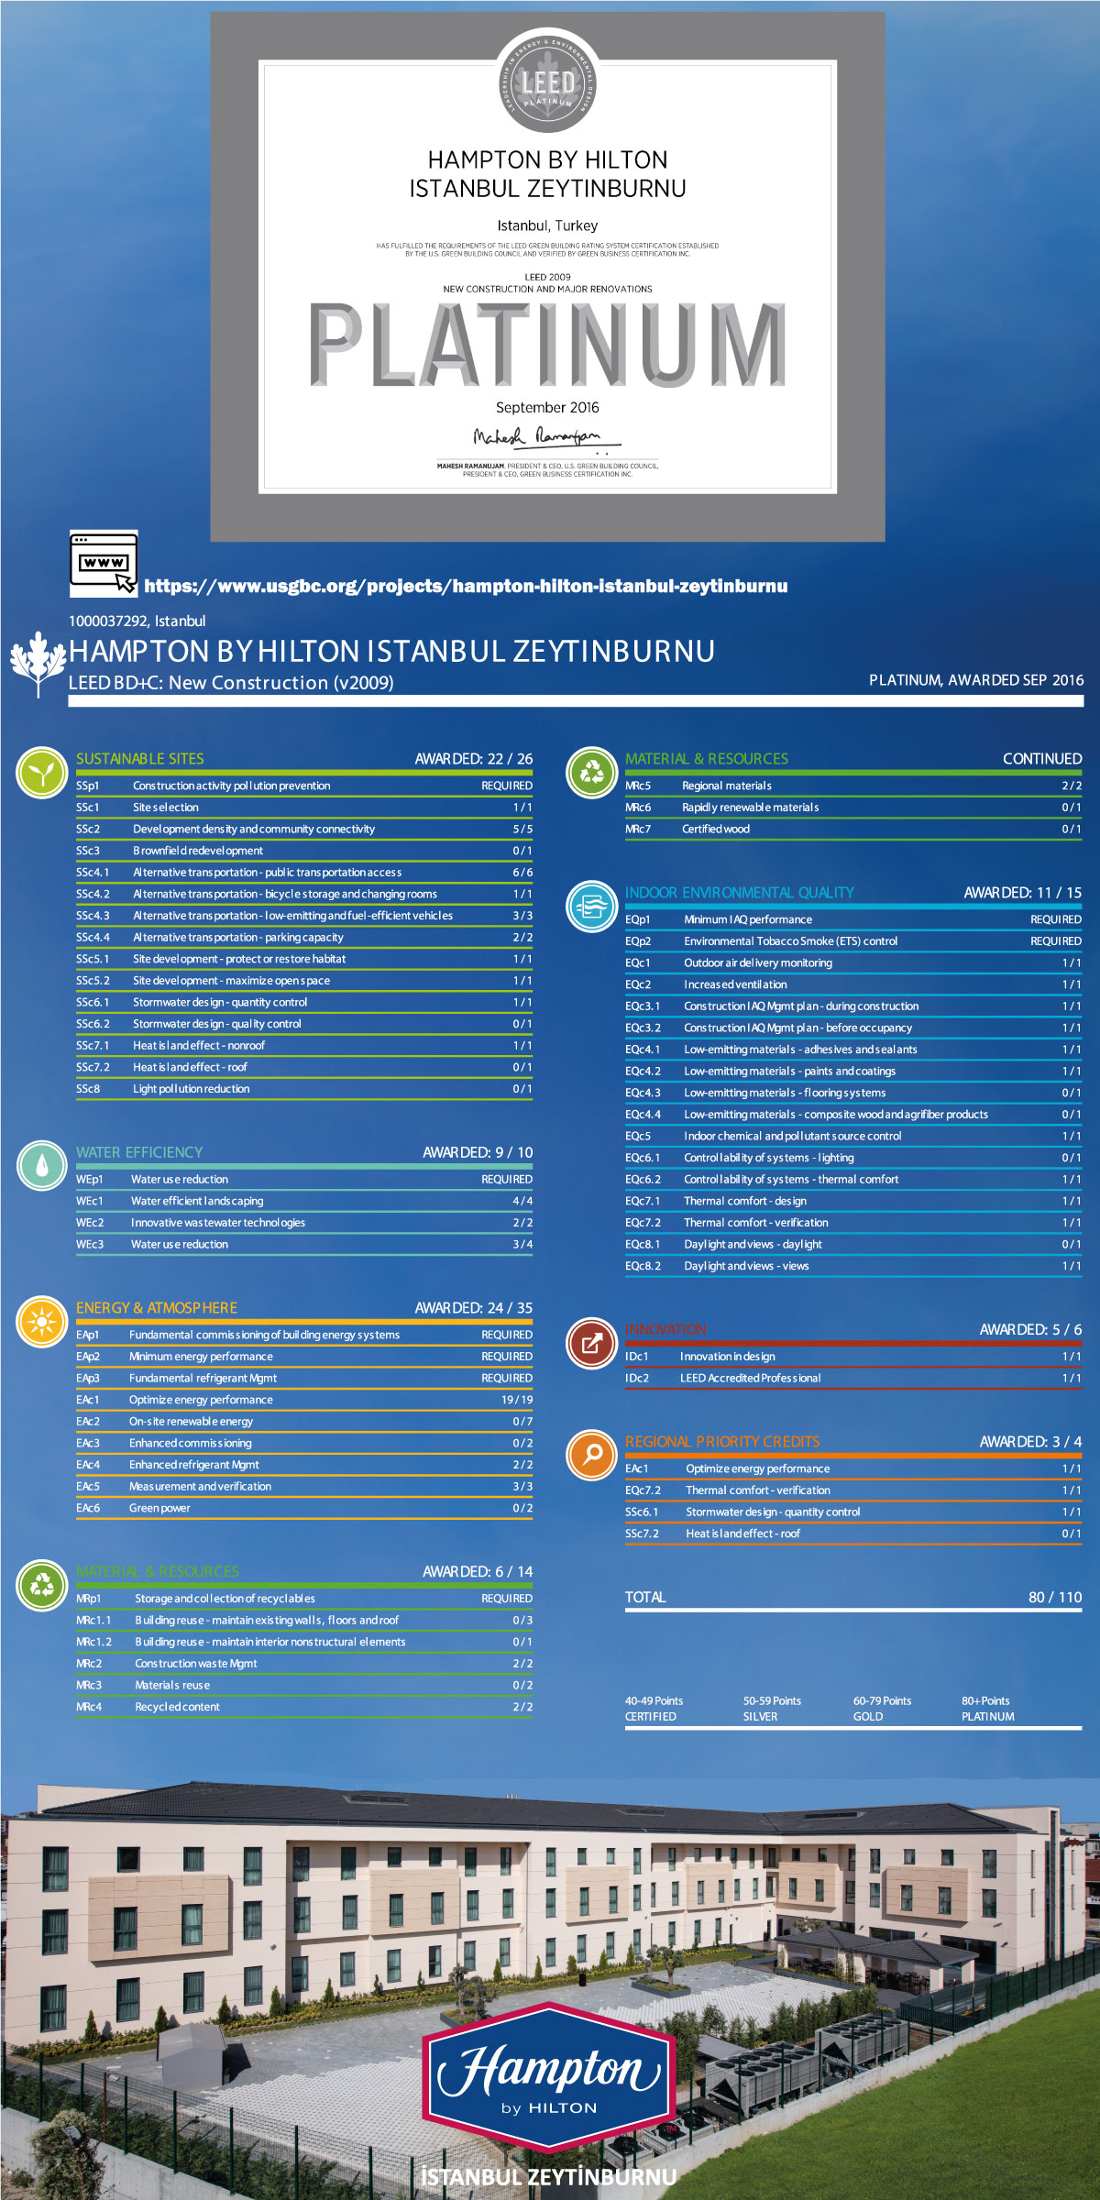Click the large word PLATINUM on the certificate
click(547, 345)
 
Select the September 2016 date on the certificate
click(547, 408)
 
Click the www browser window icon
click(104, 562)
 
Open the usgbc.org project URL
click(466, 586)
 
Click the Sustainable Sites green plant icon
click(41, 773)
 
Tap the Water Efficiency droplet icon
click(41, 1165)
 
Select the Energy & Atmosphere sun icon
click(41, 1322)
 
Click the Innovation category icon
click(591, 1343)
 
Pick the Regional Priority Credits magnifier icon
click(591, 1455)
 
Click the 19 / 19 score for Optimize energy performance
click(517, 1400)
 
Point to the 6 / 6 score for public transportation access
click(522, 873)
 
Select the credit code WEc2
click(90, 1223)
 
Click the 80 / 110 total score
click(1055, 1597)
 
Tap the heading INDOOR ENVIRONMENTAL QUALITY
click(739, 893)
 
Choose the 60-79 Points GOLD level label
click(882, 1709)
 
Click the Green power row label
click(159, 1508)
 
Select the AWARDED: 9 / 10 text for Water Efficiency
click(477, 1152)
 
